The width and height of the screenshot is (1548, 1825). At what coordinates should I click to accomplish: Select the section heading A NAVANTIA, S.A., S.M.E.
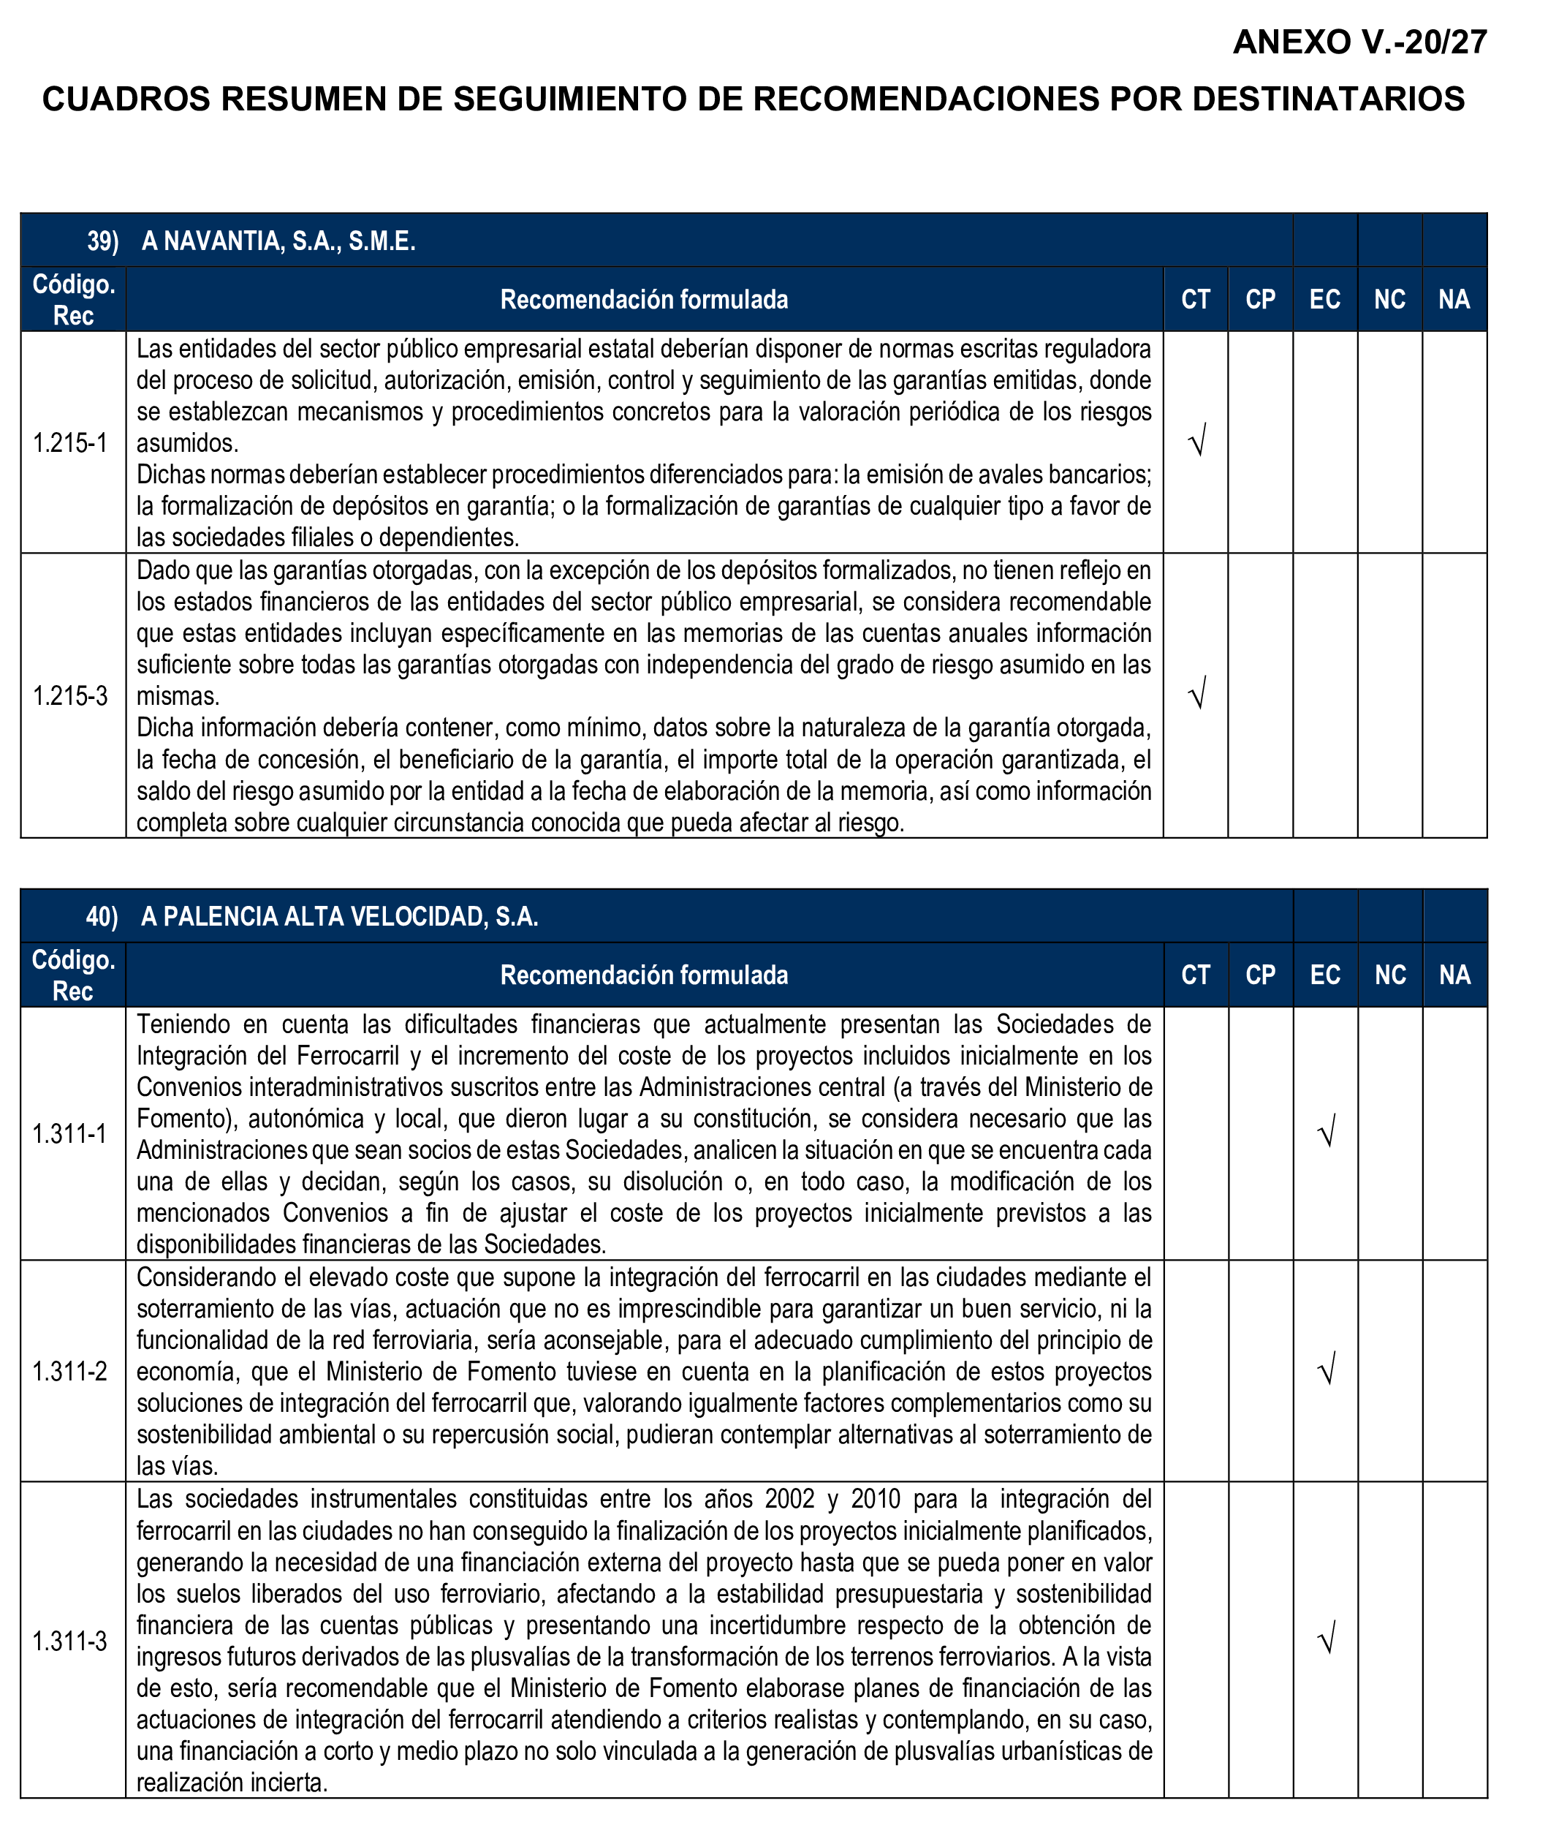pos(278,241)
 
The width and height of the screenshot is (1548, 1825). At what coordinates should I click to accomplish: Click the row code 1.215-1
pos(70,442)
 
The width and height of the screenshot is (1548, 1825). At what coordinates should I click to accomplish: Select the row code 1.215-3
pos(70,696)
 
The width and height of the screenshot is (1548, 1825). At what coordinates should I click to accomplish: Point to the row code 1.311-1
pos(70,1134)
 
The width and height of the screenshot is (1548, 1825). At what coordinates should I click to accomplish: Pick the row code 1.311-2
pos(70,1371)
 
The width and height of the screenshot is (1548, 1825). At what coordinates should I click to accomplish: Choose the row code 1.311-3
pos(70,1641)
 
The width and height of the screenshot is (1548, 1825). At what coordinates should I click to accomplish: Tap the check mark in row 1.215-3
pos(1197,692)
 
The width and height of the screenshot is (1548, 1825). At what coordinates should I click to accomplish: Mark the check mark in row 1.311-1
pos(1327,1132)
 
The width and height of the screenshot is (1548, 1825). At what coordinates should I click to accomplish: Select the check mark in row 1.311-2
pos(1327,1369)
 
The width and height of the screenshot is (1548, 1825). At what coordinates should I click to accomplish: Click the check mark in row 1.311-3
pos(1327,1639)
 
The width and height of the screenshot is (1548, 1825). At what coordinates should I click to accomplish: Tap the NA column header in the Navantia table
pos(1454,299)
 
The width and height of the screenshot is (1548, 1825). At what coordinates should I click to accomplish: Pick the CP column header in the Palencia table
pos(1260,975)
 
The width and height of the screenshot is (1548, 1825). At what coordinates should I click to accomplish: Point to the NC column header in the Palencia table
pos(1390,975)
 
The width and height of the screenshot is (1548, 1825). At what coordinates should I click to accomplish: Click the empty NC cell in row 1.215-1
pos(1390,442)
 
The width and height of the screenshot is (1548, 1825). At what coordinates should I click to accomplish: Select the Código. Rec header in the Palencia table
pos(73,975)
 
